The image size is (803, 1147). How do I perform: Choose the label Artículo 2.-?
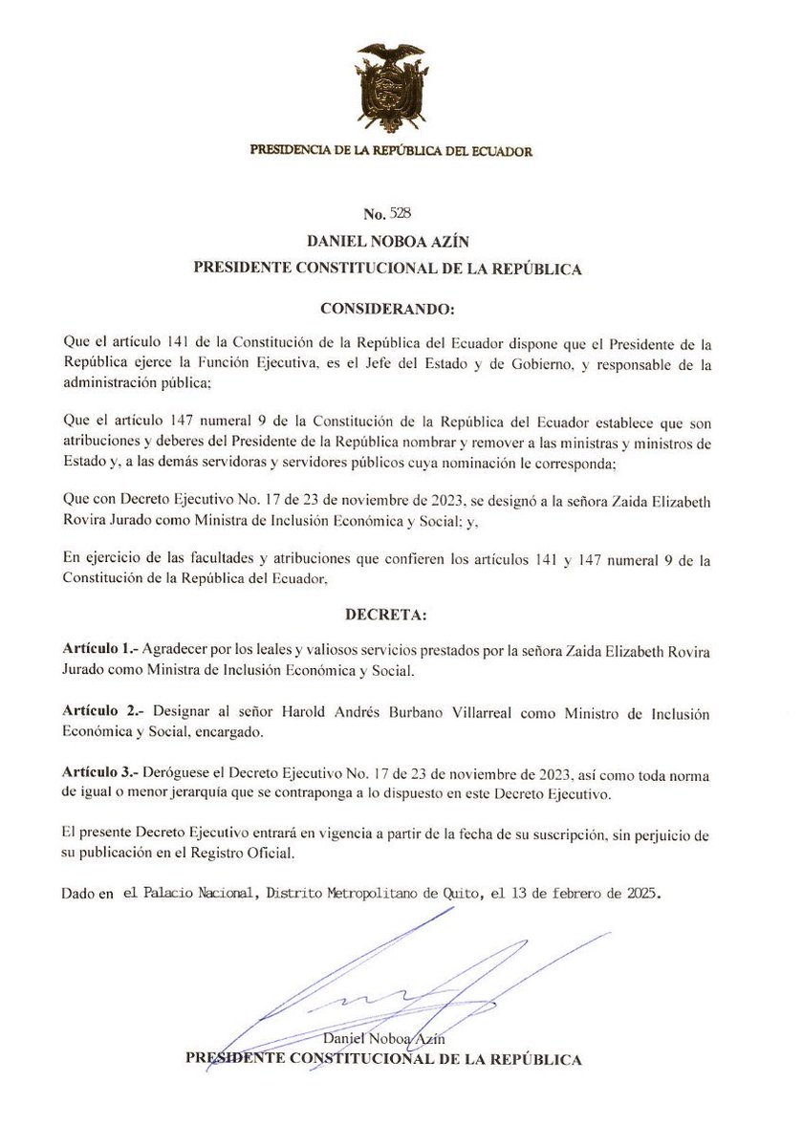[x=99, y=715]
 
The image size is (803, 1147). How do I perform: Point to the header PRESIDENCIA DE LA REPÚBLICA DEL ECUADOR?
[x=390, y=151]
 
